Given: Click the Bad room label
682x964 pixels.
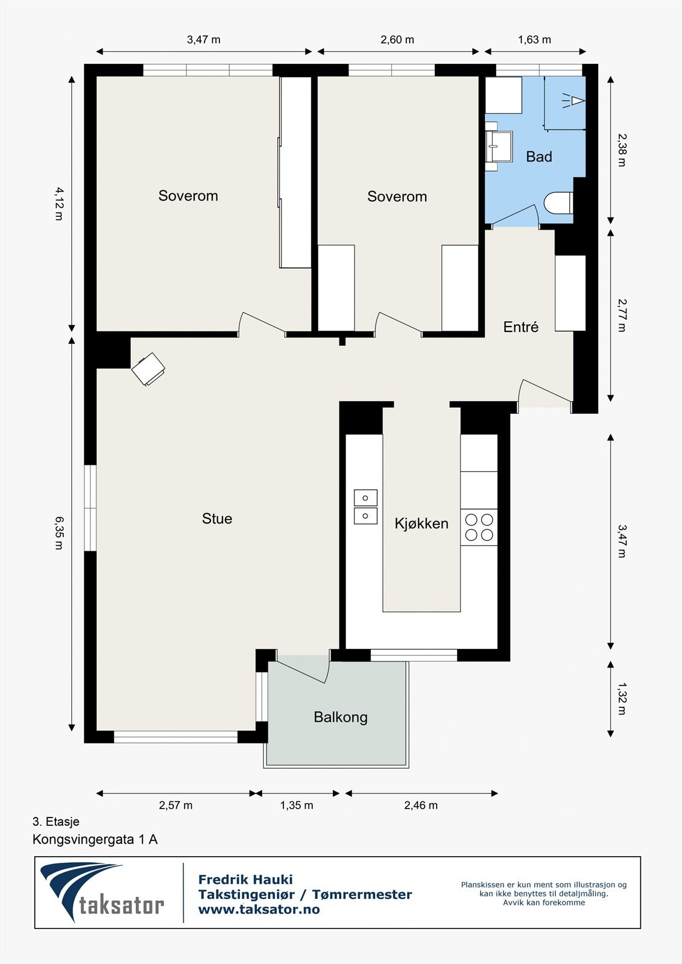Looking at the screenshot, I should (538, 157).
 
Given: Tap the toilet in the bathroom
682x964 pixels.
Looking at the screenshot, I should (558, 203).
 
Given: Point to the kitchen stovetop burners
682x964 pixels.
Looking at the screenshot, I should (479, 527).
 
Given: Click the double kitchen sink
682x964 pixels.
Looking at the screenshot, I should (365, 507).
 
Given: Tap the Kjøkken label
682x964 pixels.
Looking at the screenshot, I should (421, 523).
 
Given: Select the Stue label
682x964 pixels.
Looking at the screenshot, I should (216, 519).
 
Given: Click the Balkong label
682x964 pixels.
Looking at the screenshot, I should (340, 717).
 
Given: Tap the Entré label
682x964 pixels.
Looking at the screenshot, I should (520, 327).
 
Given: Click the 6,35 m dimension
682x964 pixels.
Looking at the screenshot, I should (58, 533).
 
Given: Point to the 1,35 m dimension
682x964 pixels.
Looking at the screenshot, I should (296, 806).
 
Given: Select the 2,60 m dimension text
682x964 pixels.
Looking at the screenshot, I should (397, 40).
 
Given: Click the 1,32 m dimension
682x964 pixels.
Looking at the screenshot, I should (622, 699).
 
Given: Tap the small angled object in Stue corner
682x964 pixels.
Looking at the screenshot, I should (148, 369).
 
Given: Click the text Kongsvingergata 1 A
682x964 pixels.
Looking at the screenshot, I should (95, 839).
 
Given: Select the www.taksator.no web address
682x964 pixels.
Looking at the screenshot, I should (259, 910).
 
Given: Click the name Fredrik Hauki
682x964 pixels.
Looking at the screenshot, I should (245, 880).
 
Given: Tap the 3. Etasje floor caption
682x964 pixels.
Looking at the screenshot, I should (55, 821).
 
